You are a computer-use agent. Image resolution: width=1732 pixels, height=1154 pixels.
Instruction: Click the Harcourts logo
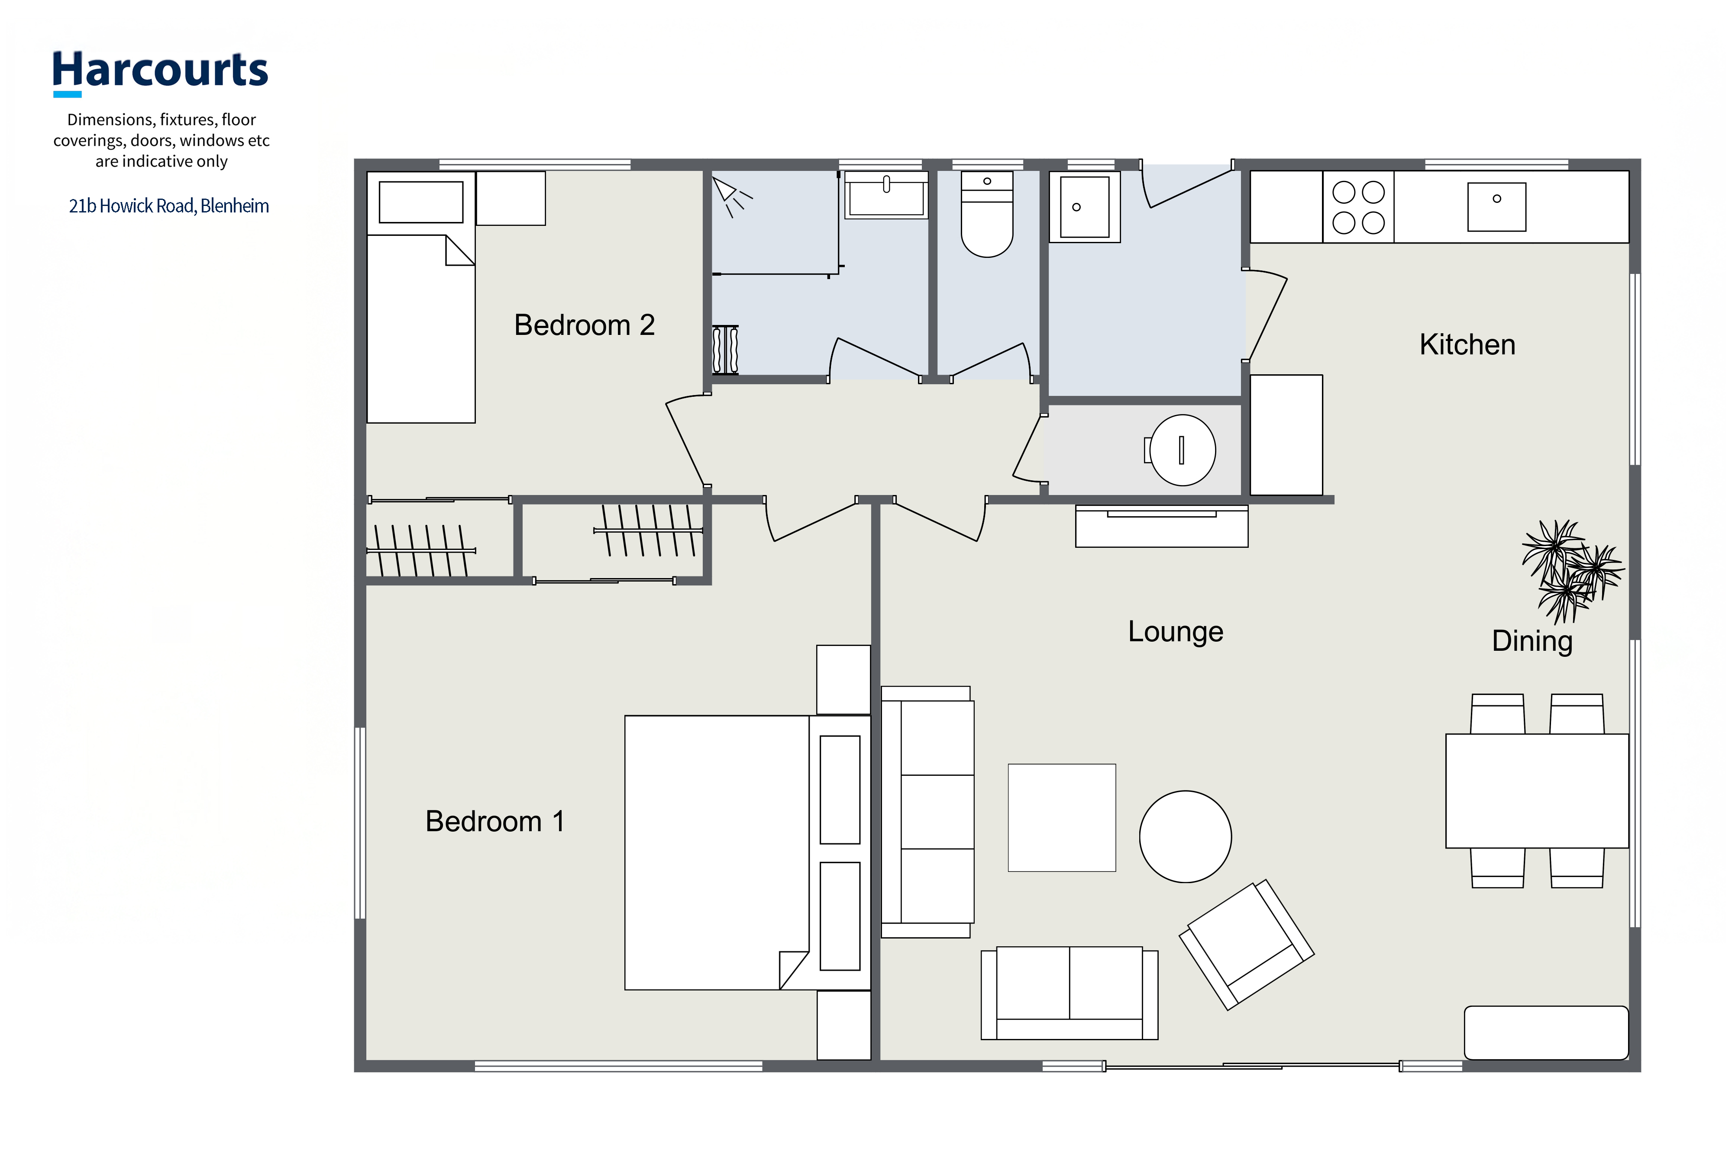160,73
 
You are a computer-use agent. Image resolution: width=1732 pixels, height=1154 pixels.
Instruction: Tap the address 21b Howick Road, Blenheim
168,206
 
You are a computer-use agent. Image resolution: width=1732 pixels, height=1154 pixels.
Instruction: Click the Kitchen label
1467,344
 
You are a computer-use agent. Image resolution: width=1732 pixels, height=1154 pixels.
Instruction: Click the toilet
987,214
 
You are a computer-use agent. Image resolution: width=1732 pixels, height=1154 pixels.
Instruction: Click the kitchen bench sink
1496,207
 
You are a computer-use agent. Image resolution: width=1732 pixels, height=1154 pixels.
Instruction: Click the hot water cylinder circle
1183,450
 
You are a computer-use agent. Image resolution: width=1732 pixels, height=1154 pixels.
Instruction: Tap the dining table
1537,791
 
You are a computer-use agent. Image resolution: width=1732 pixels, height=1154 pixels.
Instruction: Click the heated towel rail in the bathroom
725,350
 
